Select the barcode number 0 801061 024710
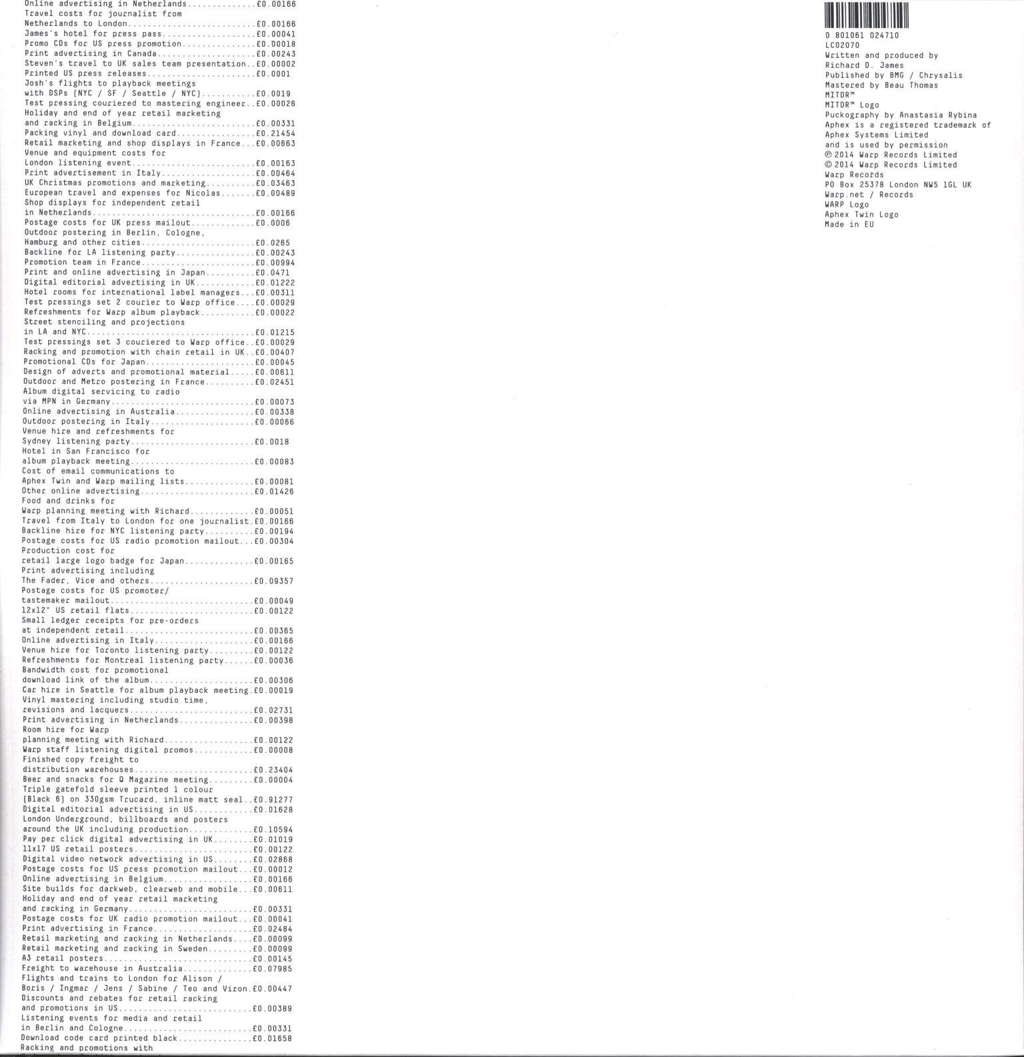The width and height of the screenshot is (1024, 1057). point(861,35)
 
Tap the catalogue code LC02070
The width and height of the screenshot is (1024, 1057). point(842,45)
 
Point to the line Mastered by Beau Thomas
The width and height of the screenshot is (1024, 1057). point(881,85)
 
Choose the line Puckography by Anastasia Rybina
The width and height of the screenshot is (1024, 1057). point(901,115)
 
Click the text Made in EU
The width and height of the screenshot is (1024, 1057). point(849,225)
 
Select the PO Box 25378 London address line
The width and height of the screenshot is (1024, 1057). point(898,185)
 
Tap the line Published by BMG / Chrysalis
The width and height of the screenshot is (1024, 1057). point(893,75)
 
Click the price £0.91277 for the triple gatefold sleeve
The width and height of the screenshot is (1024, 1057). point(274,800)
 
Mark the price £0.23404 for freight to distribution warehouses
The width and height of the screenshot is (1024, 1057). point(274,770)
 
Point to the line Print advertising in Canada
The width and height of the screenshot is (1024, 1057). point(91,54)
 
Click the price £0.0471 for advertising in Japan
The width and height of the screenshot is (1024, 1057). point(272,273)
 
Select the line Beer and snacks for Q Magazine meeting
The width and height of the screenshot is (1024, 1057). point(115,780)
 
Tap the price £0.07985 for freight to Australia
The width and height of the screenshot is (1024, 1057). point(273,969)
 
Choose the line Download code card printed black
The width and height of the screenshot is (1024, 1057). point(99,1038)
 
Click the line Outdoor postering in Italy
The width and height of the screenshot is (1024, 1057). point(86,422)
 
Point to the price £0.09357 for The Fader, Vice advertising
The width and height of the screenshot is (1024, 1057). point(274,581)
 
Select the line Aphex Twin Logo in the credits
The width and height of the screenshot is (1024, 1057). point(861,215)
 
